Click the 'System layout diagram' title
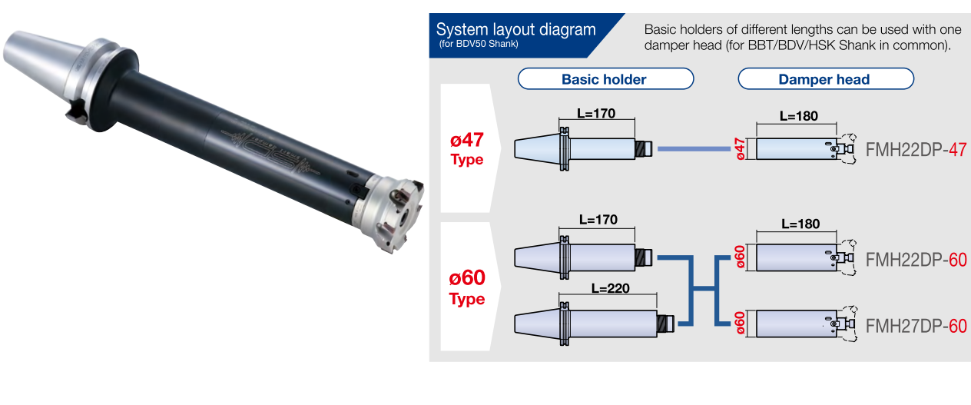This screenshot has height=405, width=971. (515, 30)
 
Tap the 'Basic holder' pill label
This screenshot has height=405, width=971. (604, 79)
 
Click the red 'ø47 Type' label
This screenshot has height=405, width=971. (466, 149)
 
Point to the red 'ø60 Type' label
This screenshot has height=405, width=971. (466, 286)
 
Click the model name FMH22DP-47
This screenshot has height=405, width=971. (916, 149)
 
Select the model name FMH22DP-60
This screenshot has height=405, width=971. (916, 260)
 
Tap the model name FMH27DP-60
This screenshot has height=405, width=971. (916, 326)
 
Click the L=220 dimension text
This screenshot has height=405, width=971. (611, 289)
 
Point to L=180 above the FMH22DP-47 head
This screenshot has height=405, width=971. (799, 116)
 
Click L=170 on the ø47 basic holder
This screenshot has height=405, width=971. (597, 113)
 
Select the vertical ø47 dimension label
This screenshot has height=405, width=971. (740, 148)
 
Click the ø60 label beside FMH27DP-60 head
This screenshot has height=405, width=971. (740, 323)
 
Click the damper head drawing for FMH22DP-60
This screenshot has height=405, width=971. (799, 258)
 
